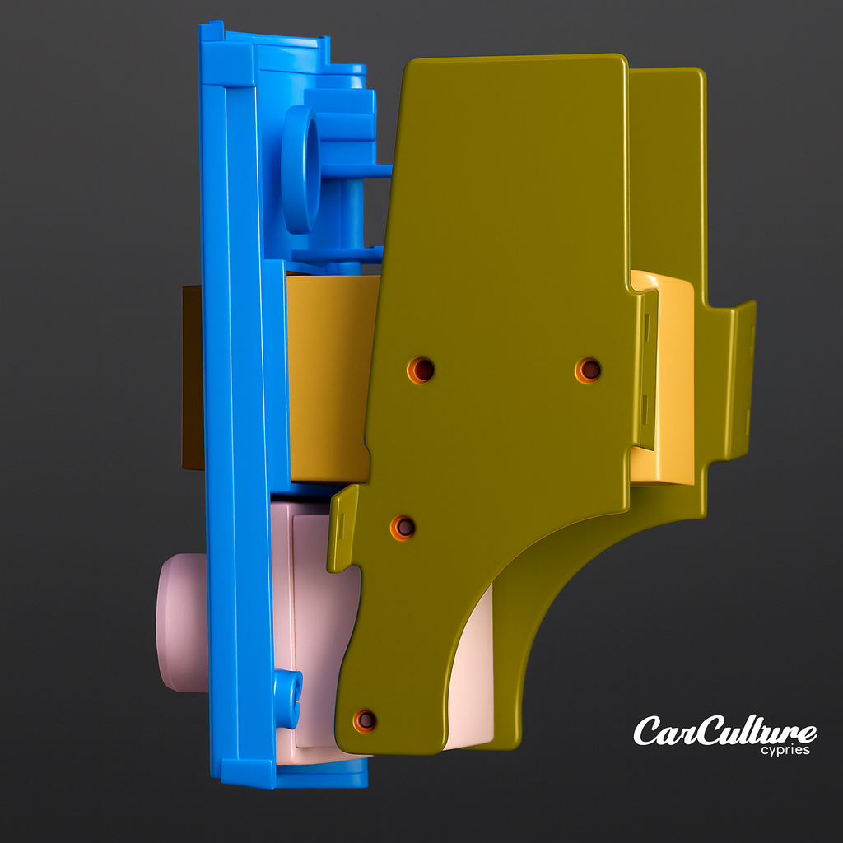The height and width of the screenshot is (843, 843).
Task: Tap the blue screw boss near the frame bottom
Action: (287, 698)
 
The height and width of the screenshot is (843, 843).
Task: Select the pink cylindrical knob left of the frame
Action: (181, 622)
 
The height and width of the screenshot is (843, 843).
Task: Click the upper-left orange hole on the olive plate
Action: (421, 370)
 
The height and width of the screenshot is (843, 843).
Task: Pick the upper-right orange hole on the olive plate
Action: (588, 370)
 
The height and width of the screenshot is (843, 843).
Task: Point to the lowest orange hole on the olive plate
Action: (365, 720)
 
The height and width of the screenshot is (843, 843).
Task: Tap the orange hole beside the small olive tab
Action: (403, 527)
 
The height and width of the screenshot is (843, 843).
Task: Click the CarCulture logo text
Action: (724, 731)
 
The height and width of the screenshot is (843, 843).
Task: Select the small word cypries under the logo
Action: (785, 750)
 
